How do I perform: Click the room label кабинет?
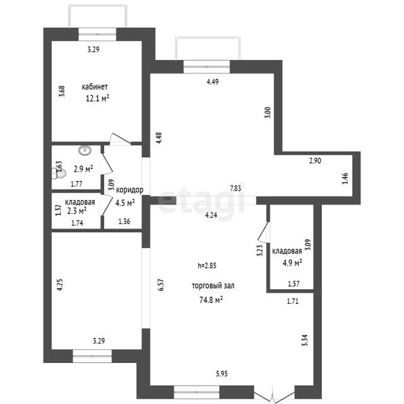(x=95, y=86)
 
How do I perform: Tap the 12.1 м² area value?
(x=97, y=98)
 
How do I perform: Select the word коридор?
(x=129, y=190)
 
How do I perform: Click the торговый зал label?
(x=213, y=286)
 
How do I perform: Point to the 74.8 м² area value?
(x=211, y=300)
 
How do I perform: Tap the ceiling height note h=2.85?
(x=207, y=265)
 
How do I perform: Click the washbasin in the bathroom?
(x=85, y=150)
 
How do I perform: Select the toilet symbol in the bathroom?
(x=59, y=174)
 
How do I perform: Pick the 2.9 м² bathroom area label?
(x=83, y=169)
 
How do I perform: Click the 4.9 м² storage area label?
(x=292, y=263)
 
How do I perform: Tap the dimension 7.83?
(x=235, y=188)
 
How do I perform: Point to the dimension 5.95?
(x=222, y=373)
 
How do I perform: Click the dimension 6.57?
(x=161, y=285)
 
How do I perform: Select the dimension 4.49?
(x=213, y=81)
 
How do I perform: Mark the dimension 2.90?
(x=315, y=161)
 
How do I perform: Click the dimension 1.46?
(x=345, y=178)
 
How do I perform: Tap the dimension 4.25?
(x=60, y=285)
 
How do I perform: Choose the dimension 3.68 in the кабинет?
(x=62, y=91)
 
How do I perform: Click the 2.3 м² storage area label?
(x=76, y=211)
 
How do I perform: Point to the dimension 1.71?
(x=293, y=301)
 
